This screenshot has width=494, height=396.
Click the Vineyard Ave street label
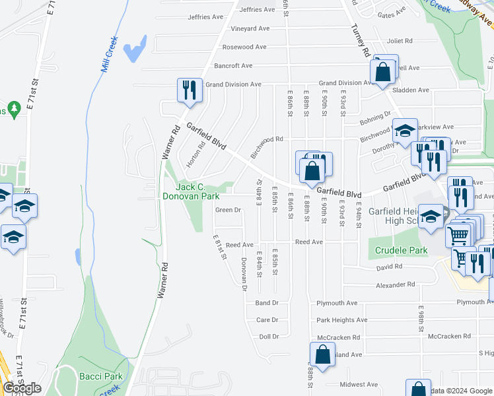point(250,28)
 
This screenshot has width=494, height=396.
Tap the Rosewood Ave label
point(244,47)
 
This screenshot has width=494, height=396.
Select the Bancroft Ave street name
point(234,65)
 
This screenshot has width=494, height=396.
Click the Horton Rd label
point(195,154)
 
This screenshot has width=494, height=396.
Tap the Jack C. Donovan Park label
point(191,191)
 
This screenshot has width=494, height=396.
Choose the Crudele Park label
point(402,251)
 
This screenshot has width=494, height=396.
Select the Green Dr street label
point(227,210)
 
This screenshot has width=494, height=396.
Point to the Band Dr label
point(267,303)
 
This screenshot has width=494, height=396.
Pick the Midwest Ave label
point(358,384)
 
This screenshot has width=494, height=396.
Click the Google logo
point(22,388)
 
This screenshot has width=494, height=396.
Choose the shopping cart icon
point(458,234)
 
